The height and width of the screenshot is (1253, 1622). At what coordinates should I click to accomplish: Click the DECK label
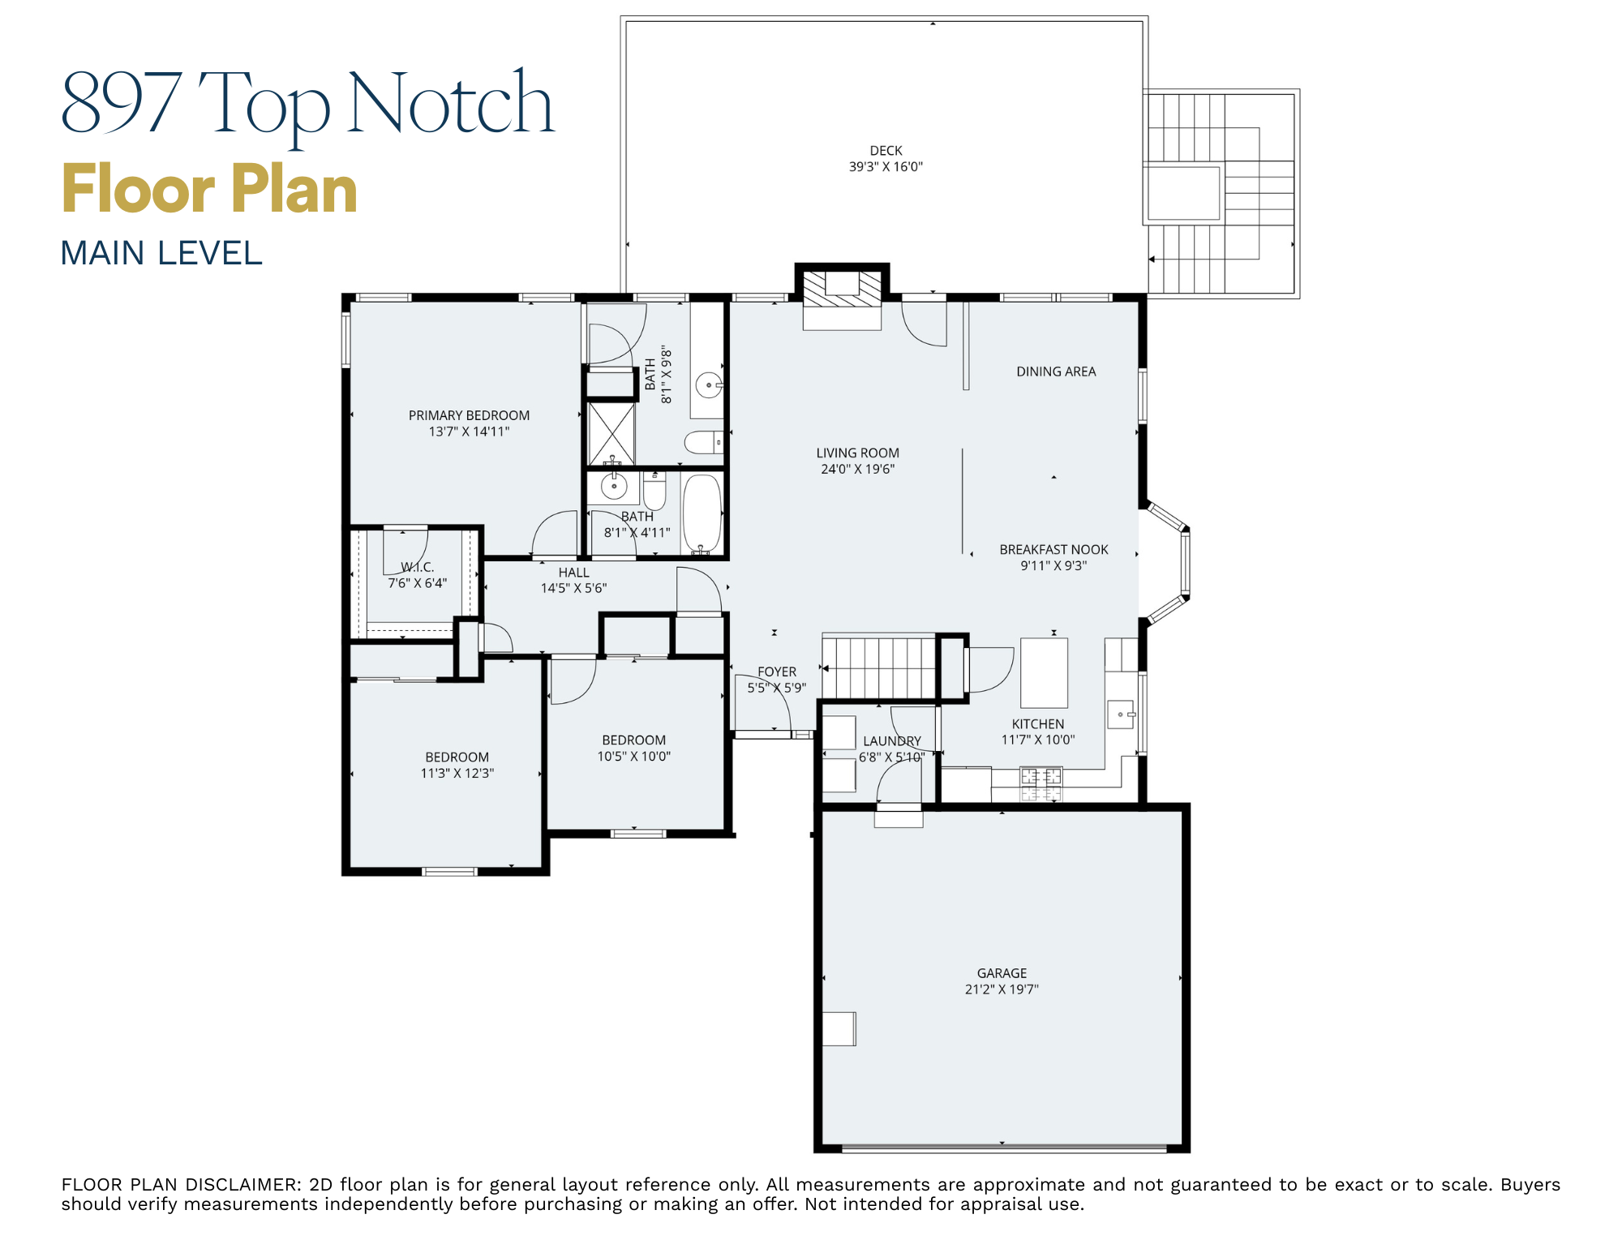click(x=886, y=151)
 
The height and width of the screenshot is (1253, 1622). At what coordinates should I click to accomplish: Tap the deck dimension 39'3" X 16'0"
click(x=886, y=167)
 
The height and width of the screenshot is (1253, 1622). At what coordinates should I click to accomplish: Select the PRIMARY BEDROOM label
click(x=469, y=415)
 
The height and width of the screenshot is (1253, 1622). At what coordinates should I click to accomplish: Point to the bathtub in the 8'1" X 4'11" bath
click(x=702, y=513)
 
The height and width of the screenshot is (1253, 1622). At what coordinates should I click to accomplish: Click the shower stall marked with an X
click(x=611, y=432)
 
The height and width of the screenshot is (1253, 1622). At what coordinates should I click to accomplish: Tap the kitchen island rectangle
click(x=1044, y=672)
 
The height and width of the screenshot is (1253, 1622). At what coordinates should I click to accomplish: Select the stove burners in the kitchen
click(x=1041, y=784)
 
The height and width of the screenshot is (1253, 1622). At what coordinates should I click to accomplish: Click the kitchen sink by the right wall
click(x=1121, y=714)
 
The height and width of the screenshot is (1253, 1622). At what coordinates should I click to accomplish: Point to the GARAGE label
click(x=1002, y=973)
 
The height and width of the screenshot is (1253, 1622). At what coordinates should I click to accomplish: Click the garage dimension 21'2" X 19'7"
click(x=1002, y=989)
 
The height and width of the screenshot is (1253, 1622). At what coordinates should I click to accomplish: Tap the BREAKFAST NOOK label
click(x=1053, y=550)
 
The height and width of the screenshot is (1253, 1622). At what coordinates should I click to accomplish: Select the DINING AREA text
click(x=1056, y=371)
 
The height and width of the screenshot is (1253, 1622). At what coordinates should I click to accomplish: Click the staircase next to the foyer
click(x=878, y=667)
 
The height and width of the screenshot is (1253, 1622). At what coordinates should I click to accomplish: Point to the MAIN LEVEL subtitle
click(x=161, y=253)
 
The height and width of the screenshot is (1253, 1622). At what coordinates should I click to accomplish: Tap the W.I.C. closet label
click(x=418, y=567)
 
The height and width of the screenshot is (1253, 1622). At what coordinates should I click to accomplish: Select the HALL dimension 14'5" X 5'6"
click(x=573, y=589)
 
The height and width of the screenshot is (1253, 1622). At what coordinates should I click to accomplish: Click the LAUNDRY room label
click(x=891, y=741)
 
